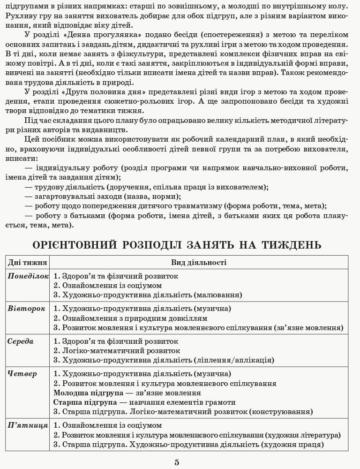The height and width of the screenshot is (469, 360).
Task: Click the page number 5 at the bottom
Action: tap(177, 462)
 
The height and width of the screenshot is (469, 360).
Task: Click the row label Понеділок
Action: tap(28, 276)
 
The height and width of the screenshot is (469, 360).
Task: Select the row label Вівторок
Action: tap(26, 309)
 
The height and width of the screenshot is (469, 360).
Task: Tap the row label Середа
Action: tap(21, 341)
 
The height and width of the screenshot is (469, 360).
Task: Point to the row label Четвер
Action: tap(22, 374)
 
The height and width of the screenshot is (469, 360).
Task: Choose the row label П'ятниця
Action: tap(28, 425)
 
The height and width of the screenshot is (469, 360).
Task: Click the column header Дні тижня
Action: tap(27, 263)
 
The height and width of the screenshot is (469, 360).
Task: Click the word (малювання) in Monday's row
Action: tap(217, 295)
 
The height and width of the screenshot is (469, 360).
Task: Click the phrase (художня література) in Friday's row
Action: tap(303, 435)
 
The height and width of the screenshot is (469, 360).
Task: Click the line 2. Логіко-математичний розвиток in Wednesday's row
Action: tap(117, 351)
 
